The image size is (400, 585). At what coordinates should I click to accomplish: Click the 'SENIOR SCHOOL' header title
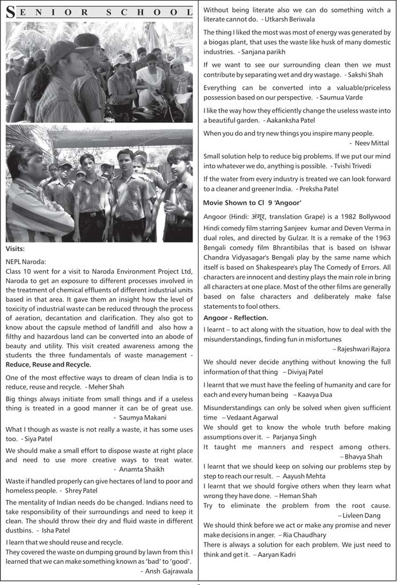(98, 13)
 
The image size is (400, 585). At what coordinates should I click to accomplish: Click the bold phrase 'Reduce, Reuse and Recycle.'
(48, 364)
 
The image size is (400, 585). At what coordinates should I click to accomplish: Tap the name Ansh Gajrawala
(166, 571)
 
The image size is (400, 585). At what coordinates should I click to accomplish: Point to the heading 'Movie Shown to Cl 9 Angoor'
(252, 202)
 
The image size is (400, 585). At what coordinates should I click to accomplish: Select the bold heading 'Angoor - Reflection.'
(235, 317)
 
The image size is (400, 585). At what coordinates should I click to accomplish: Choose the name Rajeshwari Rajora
(363, 349)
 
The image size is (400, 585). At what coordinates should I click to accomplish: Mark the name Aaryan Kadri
(277, 555)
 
